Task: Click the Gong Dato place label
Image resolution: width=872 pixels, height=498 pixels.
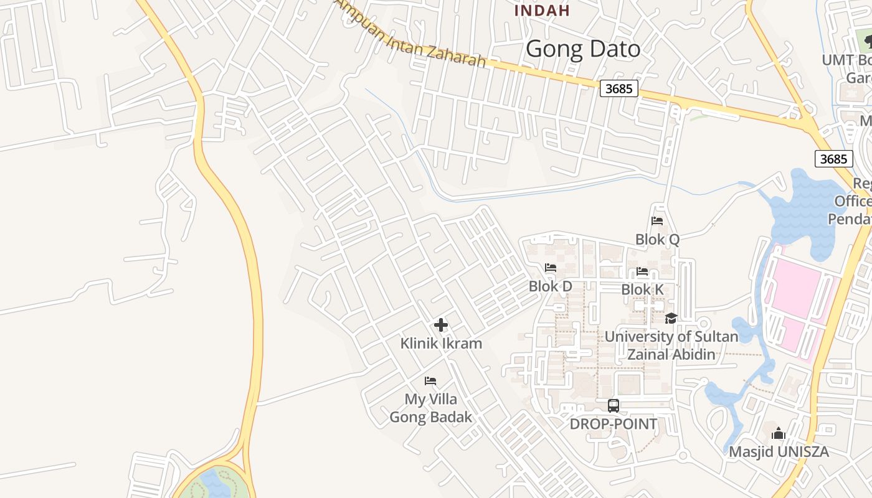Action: pos(583,49)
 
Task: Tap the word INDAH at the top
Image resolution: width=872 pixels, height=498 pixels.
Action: pos(542,10)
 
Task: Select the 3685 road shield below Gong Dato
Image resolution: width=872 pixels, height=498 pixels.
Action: pos(619,89)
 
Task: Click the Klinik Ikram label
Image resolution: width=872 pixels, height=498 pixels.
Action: pos(441,343)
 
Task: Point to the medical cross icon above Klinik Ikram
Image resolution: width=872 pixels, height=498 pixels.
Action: pos(441,325)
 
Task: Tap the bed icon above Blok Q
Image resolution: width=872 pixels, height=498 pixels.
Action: pos(657,220)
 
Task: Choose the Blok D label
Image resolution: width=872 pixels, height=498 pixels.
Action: pos(550,286)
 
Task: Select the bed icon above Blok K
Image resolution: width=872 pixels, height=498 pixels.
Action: pos(642,271)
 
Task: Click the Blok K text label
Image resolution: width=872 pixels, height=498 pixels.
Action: pos(642,289)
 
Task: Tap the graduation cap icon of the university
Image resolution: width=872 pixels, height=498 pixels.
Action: pos(671,319)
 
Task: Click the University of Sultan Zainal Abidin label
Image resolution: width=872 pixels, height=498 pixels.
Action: pos(671,345)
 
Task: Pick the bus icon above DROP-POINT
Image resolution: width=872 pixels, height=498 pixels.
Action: pos(614,406)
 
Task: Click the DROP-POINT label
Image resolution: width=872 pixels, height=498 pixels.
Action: pos(614,424)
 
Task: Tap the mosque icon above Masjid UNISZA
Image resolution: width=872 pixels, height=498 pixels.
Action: pos(779,434)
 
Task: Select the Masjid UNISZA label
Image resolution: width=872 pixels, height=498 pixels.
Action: pos(779,452)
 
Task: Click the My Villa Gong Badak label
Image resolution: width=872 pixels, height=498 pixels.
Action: pos(431,408)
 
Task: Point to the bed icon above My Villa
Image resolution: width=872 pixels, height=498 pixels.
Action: pos(430,381)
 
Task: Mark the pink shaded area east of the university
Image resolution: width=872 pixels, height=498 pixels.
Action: pos(797,299)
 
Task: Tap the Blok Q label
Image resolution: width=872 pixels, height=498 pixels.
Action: pos(657,239)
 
